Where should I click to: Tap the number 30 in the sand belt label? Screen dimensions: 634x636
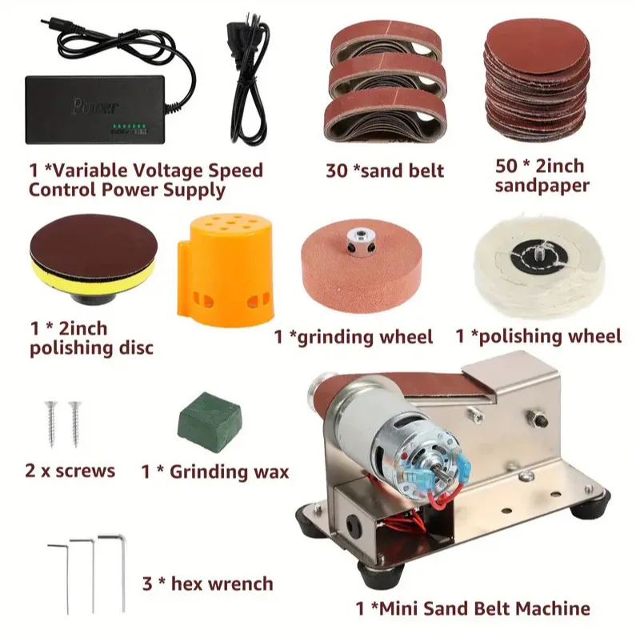(x=336, y=171)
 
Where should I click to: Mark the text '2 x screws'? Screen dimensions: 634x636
(x=70, y=470)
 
